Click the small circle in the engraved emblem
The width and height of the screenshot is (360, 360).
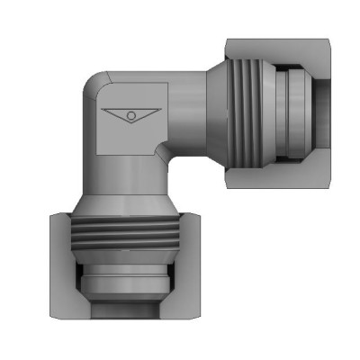[130, 116]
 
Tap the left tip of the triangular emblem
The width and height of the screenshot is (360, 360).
[102, 111]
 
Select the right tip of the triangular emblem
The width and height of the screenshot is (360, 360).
[159, 111]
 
